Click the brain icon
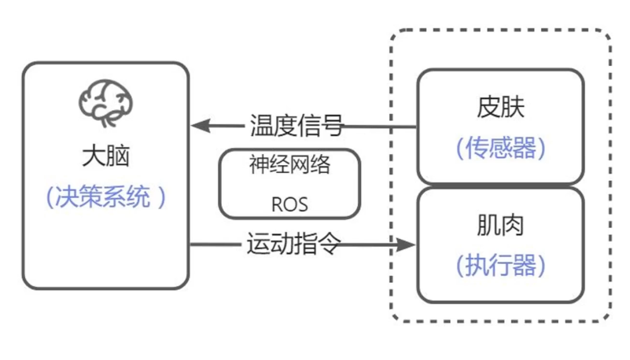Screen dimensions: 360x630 [106, 103]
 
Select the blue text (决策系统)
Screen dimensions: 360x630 [106, 197]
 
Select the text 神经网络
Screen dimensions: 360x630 [289, 167]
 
